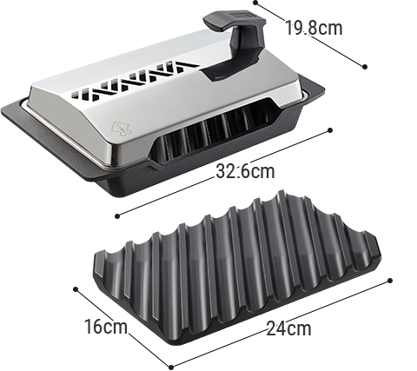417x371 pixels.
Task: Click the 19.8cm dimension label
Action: tap(314, 28)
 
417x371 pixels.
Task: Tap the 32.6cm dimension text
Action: tap(245, 171)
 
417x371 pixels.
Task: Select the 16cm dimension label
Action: tap(106, 327)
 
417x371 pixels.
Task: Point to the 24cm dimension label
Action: tap(288, 328)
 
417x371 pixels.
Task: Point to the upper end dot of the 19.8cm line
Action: tap(255, 3)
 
